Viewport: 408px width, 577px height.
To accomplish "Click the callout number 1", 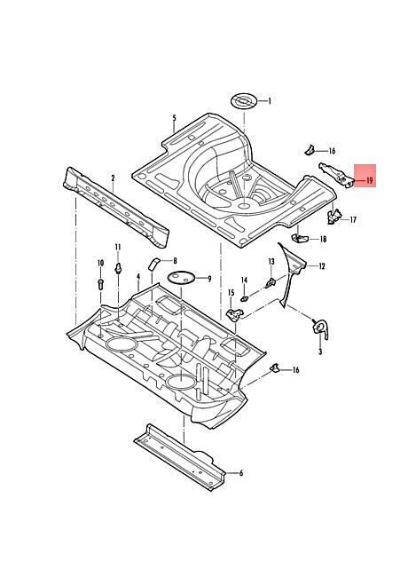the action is tap(269, 101).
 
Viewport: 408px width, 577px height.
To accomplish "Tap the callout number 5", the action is tap(174, 118).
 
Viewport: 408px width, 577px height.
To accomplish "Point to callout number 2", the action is tap(113, 178).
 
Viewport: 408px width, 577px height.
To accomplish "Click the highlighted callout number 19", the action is tap(369, 180).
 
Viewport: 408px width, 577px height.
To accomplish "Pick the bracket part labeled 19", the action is tap(337, 175).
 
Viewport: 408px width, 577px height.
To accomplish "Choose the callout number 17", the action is tap(353, 219).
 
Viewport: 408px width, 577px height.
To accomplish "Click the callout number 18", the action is tap(323, 239).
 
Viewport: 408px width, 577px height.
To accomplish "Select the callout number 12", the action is tap(322, 266).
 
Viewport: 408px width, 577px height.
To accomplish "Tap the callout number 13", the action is tap(271, 262).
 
